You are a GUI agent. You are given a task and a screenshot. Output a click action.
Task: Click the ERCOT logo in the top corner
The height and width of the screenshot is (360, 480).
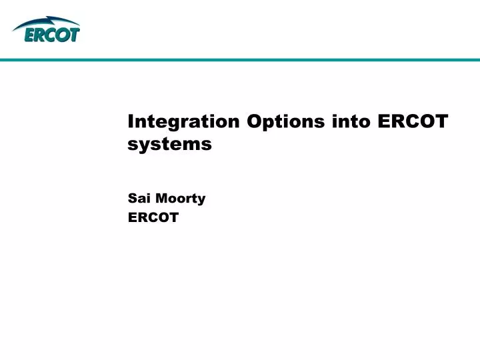click(x=46, y=30)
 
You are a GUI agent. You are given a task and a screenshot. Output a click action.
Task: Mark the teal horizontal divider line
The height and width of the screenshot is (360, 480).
click(x=240, y=60)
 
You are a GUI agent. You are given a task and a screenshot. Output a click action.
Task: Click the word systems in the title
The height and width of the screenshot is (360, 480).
click(x=169, y=143)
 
